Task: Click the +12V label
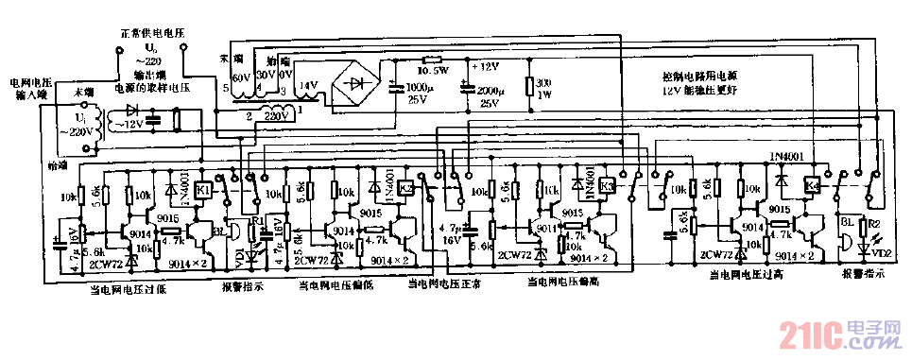(x=487, y=67)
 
